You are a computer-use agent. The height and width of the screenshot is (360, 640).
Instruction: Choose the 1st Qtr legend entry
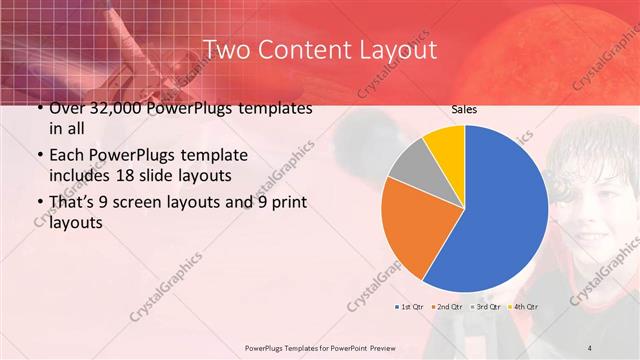(x=412, y=307)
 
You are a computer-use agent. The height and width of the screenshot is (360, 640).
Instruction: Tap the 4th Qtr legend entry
(x=524, y=307)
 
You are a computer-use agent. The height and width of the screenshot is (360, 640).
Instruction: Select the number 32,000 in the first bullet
(x=107, y=108)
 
